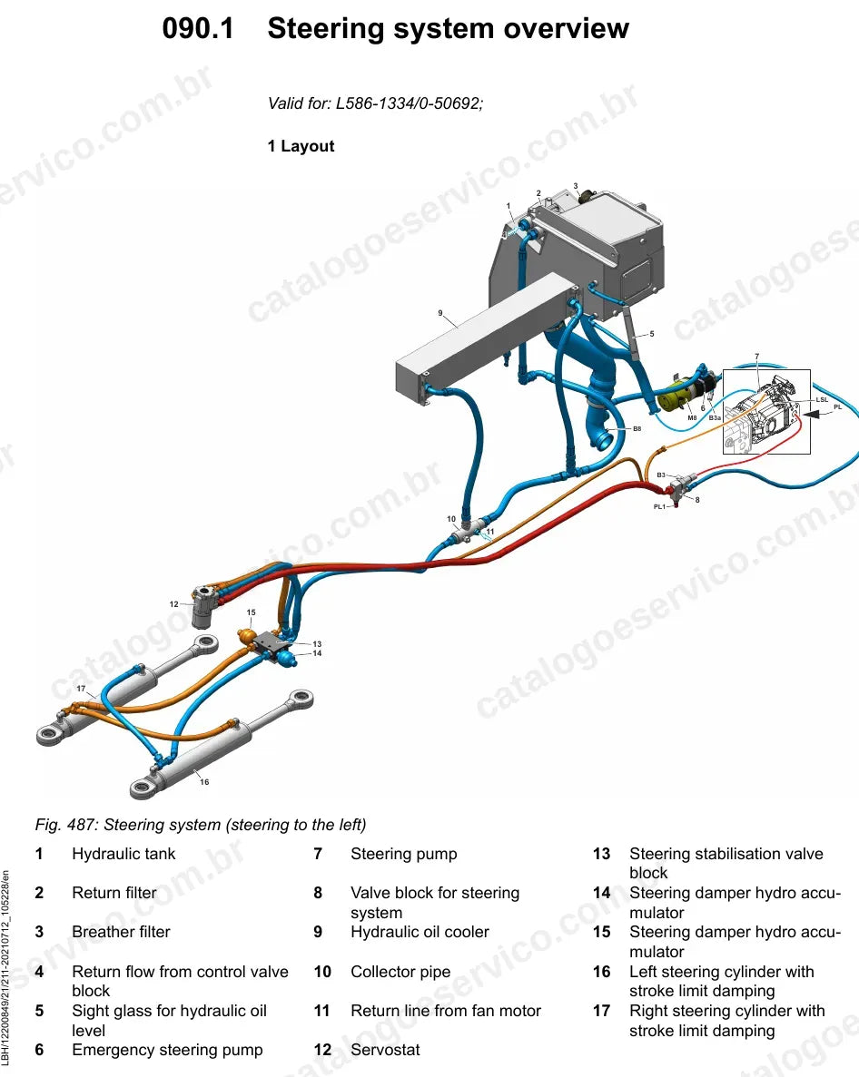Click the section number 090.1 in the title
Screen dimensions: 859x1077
198,29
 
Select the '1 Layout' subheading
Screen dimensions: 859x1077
301,146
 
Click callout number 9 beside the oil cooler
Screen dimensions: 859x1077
440,313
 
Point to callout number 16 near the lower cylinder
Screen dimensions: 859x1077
204,781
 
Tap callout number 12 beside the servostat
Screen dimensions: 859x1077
173,604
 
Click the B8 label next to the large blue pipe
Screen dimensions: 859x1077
637,428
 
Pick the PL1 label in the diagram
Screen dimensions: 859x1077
659,507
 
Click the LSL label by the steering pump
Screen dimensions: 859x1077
822,400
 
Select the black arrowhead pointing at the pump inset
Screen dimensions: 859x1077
813,414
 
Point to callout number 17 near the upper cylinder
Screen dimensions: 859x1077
81,689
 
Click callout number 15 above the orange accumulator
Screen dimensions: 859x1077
251,612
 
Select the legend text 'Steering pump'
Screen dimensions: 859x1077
403,854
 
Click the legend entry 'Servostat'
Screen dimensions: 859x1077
385,1050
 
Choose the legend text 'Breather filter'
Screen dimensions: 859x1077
121,932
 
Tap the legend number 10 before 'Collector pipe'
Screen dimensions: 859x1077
322,972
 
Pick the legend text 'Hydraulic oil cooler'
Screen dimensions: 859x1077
420,932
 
